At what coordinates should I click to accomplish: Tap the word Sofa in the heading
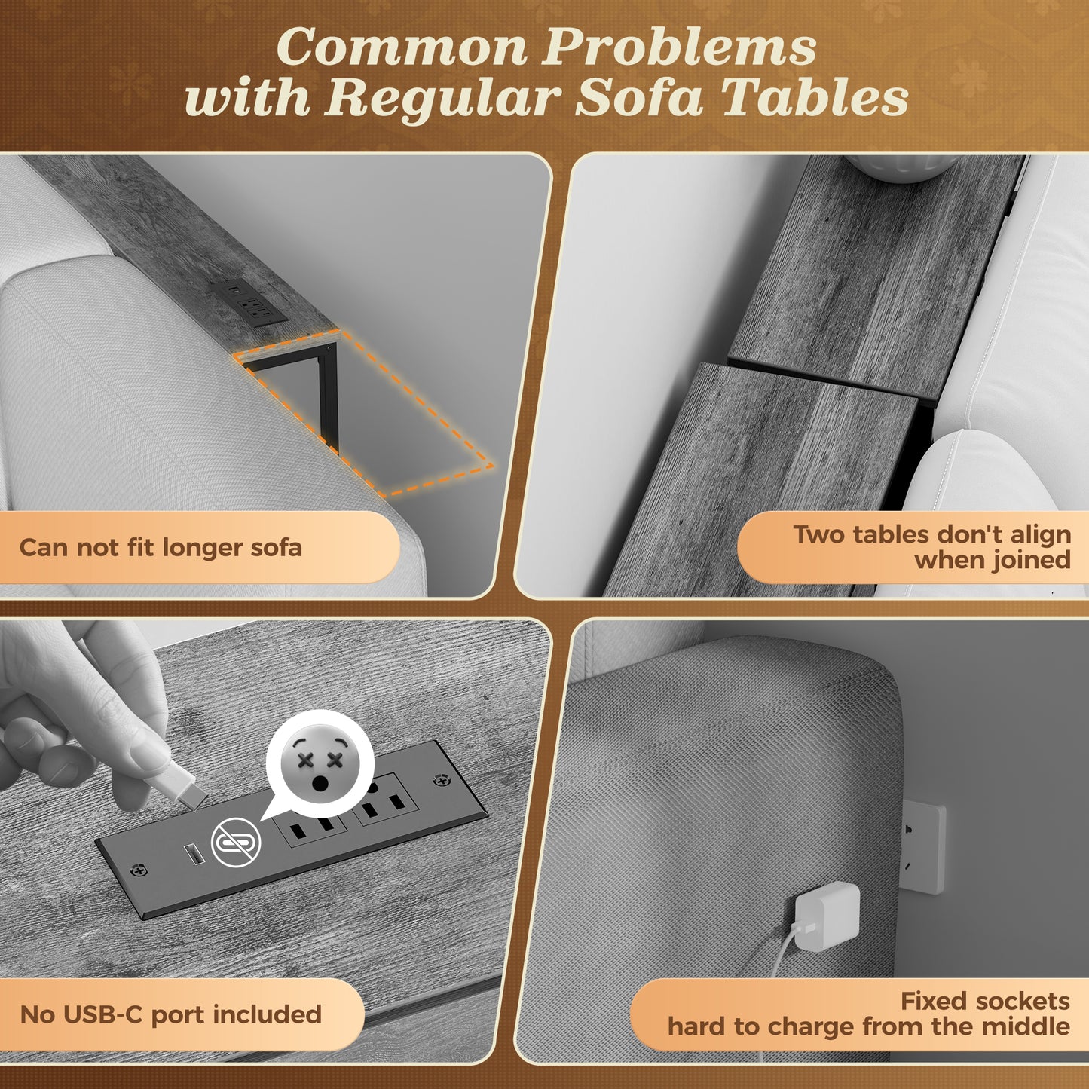click(639, 98)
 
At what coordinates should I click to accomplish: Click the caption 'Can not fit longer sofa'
click(161, 547)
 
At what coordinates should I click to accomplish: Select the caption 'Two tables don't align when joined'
click(931, 546)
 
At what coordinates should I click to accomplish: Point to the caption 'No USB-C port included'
click(170, 1014)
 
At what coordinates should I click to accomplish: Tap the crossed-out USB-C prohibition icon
click(236, 842)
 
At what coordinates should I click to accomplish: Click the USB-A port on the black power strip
click(195, 853)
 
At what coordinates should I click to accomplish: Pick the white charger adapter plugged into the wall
click(827, 916)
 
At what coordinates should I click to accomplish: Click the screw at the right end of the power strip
click(442, 781)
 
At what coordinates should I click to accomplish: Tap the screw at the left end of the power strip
click(139, 870)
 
